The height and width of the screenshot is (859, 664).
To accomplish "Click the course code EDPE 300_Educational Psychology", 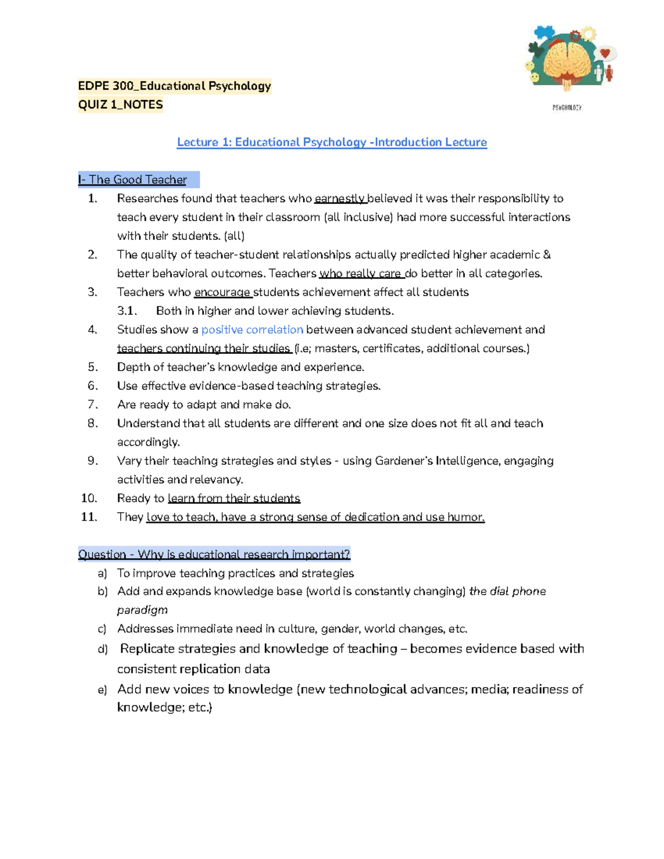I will click(174, 86).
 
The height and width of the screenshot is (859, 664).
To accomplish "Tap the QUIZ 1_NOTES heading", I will click(121, 105).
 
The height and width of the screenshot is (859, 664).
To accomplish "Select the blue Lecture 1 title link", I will click(331, 142).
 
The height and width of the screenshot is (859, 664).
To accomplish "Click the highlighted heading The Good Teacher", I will click(138, 180).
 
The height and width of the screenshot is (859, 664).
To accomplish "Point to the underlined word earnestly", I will click(339, 199).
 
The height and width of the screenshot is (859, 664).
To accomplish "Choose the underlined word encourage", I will click(222, 292).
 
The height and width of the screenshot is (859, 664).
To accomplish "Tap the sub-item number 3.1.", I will click(127, 311).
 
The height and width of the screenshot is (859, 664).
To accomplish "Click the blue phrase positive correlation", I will click(252, 330).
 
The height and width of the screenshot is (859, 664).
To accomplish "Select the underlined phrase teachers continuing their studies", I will click(204, 348).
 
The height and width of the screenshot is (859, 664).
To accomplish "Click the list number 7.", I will click(92, 405).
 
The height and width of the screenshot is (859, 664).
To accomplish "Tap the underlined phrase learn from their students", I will click(234, 498).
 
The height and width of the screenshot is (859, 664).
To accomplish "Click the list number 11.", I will click(89, 517).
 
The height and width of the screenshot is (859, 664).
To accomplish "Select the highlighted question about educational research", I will click(214, 554).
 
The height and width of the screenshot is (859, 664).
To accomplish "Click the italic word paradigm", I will click(142, 610).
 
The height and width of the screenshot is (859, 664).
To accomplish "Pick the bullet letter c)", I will click(102, 629).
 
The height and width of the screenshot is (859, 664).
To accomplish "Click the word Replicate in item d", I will click(148, 649).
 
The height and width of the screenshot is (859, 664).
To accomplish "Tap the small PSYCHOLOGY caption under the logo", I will click(567, 108).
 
